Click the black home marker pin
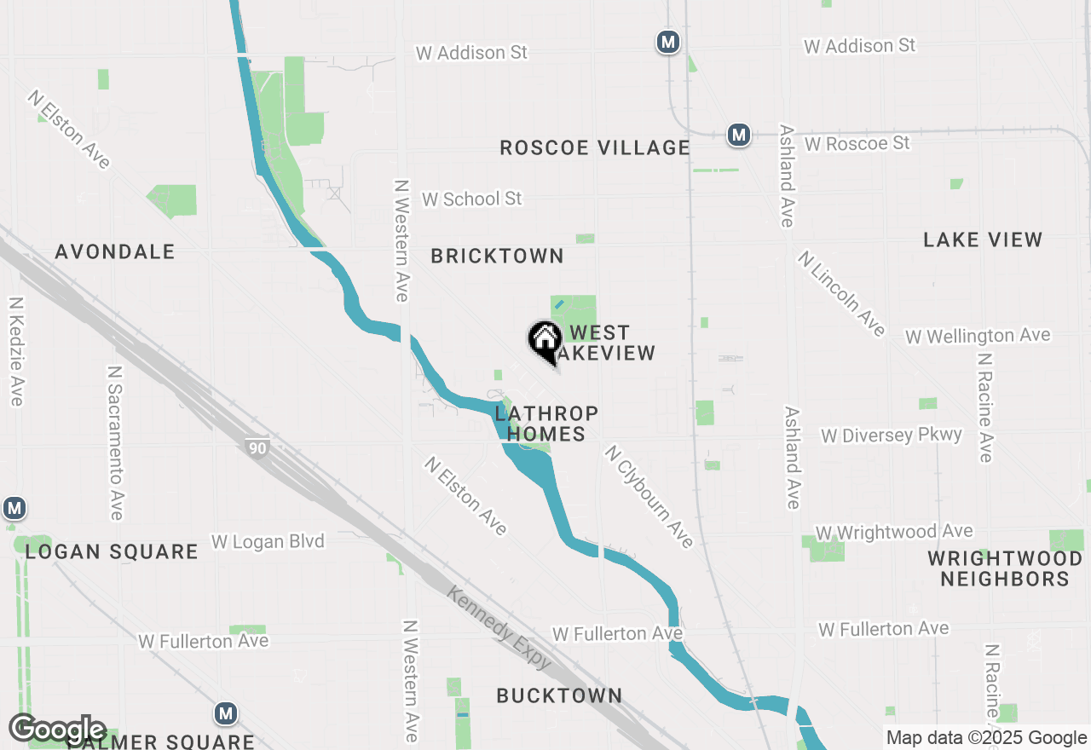tap(545, 341)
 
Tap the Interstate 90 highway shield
tap(256, 448)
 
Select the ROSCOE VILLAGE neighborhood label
tap(594, 147)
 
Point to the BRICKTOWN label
tap(497, 256)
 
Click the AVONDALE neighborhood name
tap(115, 251)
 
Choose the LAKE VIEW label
tap(983, 239)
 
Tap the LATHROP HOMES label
tap(546, 424)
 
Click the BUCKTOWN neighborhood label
tap(559, 695)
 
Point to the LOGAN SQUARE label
tap(112, 551)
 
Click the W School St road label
tap(471, 199)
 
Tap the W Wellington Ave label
tap(978, 336)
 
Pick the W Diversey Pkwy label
tap(891, 436)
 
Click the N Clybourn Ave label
tap(649, 497)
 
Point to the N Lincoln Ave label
tap(841, 293)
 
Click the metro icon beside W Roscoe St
tap(738, 135)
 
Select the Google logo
tap(57, 730)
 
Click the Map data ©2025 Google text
tap(986, 738)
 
